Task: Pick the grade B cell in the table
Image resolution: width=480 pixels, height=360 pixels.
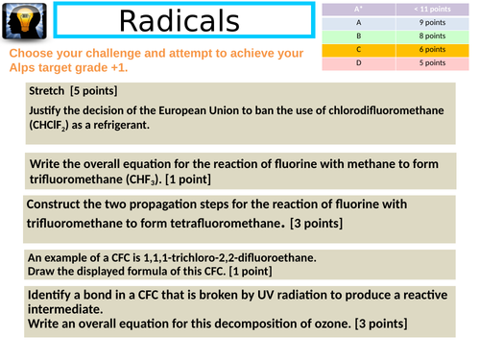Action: (359, 35)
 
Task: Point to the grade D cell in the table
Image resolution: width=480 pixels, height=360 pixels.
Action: (359, 62)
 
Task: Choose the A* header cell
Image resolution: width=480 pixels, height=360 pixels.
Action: (359, 8)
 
